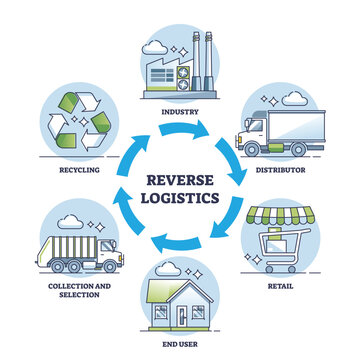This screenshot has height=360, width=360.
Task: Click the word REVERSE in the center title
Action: point(180,181)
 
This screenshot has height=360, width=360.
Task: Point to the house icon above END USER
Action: point(180,296)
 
